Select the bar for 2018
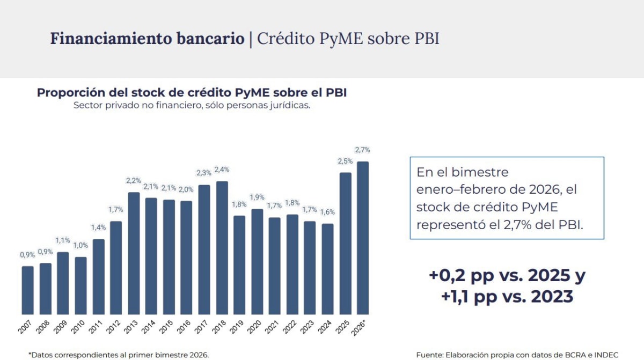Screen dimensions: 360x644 [222, 248]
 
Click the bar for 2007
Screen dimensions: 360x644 [28, 290]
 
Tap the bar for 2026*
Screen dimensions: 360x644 [363, 238]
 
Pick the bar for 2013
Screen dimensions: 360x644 [134, 253]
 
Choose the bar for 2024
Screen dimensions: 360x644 [327, 269]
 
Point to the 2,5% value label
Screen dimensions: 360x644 [345, 161]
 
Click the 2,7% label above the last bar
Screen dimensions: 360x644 [363, 150]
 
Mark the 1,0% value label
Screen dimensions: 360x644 [80, 246]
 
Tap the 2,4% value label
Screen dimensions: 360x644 [222, 170]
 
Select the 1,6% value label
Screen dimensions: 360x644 [327, 212]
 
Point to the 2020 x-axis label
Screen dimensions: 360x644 [256, 327]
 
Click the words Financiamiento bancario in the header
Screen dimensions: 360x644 [147, 39]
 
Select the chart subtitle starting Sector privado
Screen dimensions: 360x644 [192, 105]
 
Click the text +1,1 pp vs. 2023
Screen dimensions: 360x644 [507, 296]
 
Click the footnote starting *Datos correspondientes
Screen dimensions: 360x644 [118, 355]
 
